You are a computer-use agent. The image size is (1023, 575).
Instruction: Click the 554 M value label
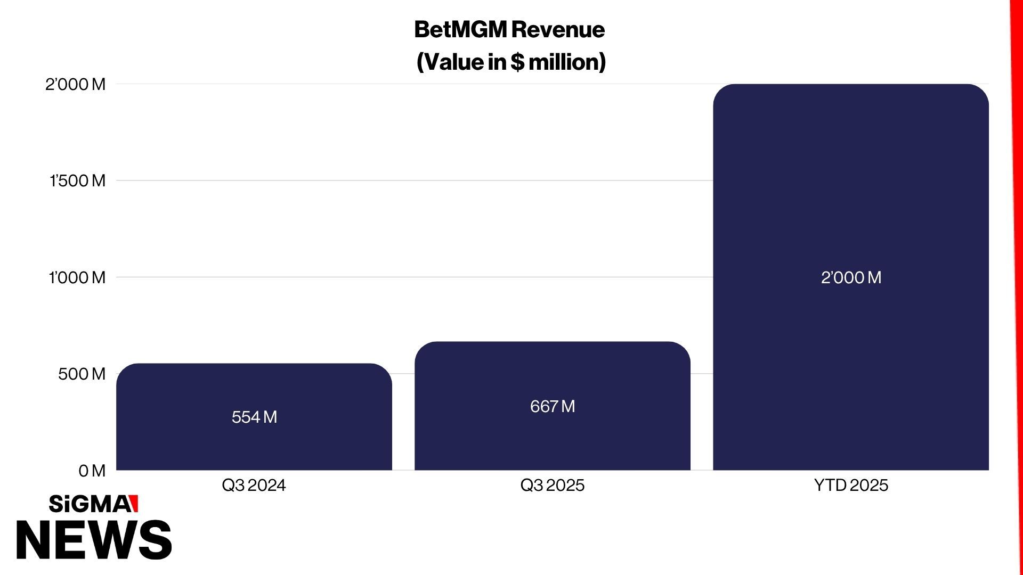(254, 417)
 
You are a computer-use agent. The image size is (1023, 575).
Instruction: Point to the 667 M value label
(553, 406)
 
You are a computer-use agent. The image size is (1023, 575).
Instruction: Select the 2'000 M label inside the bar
(851, 277)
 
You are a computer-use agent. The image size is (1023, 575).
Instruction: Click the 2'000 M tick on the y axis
(75, 85)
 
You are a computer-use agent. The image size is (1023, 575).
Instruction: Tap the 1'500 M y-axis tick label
(77, 181)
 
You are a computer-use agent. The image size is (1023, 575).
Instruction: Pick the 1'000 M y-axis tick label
(77, 277)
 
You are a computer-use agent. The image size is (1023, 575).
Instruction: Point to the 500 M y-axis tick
(82, 374)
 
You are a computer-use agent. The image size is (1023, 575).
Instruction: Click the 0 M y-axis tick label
(92, 471)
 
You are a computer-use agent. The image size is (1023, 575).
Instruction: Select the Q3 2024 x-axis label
(254, 485)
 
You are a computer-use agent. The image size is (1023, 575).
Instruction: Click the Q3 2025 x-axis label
(552, 485)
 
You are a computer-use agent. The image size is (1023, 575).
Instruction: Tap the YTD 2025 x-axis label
(851, 485)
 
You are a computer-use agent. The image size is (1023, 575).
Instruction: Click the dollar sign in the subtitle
(517, 62)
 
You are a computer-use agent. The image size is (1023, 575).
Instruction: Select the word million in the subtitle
(565, 62)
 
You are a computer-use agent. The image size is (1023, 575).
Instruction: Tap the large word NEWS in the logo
(94, 540)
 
